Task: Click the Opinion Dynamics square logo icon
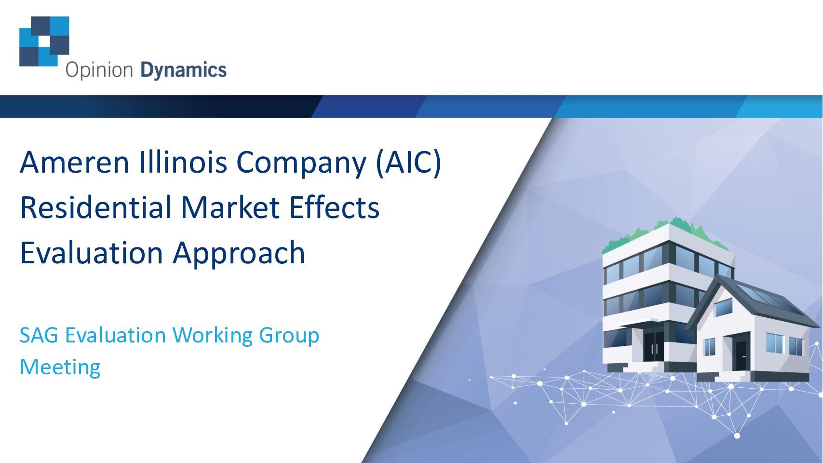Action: click(x=44, y=41)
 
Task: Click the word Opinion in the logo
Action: click(x=99, y=70)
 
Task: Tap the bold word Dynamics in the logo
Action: click(x=184, y=70)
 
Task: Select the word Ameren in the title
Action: click(x=75, y=162)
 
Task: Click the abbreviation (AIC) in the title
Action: click(x=408, y=163)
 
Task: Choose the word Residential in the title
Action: click(x=95, y=207)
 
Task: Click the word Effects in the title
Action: click(x=334, y=207)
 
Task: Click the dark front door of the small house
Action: click(x=741, y=355)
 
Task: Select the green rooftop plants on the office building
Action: click(x=665, y=233)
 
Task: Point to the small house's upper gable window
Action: click(x=724, y=307)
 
